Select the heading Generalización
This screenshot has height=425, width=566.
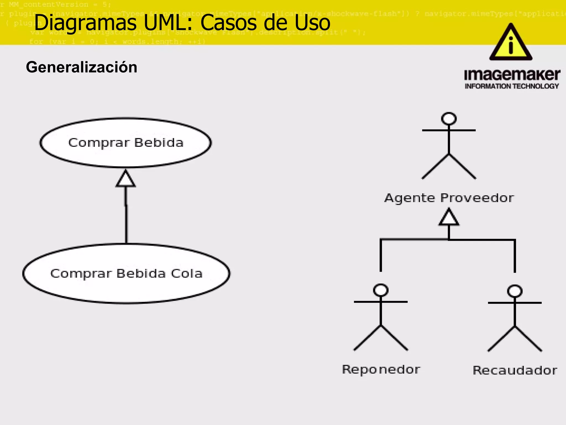tap(82, 67)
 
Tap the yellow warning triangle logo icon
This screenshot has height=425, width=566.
tap(511, 43)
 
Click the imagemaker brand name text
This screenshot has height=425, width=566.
tap(512, 75)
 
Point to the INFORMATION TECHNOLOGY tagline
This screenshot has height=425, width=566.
tap(512, 86)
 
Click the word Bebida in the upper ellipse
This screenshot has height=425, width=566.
tap(159, 143)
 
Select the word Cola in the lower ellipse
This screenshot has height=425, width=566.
tap(187, 274)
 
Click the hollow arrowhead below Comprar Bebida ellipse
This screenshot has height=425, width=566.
tap(126, 179)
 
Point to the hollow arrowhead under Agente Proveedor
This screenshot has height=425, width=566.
tap(449, 217)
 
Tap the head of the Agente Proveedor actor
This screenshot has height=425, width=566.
tap(449, 119)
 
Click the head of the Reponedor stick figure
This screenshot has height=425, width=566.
tap(381, 290)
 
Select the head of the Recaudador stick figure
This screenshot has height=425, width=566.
tap(515, 291)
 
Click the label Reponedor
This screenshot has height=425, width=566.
tap(381, 370)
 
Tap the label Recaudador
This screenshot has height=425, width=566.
tap(515, 370)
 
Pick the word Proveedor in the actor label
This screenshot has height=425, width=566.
tap(477, 198)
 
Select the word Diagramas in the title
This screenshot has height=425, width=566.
tap(85, 23)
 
